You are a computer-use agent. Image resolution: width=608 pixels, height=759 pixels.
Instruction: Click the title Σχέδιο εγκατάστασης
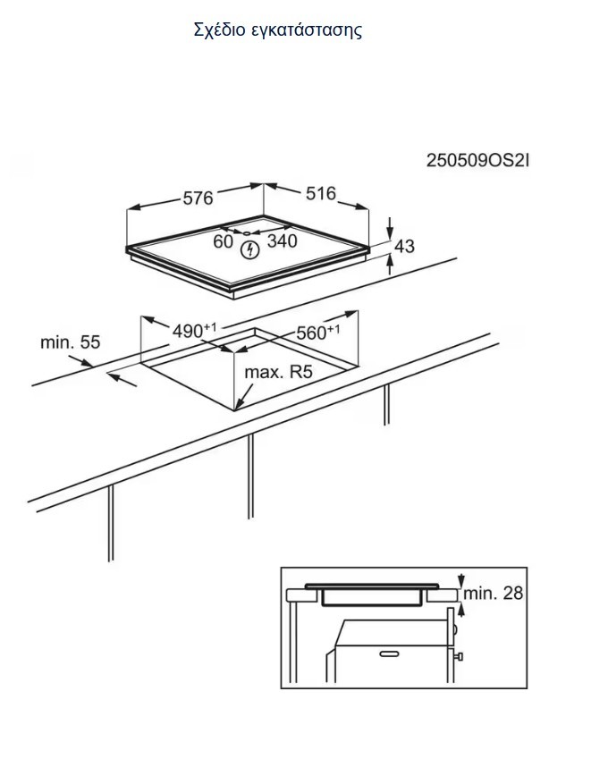click(x=277, y=30)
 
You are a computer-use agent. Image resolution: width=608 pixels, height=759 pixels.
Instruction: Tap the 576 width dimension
click(x=198, y=198)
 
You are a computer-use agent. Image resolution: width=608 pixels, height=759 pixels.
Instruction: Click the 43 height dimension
click(x=404, y=245)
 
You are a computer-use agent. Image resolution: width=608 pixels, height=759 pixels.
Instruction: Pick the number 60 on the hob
click(x=223, y=240)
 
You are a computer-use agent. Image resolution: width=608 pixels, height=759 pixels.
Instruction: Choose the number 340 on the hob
click(x=283, y=240)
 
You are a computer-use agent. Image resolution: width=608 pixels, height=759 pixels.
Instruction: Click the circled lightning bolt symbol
click(x=251, y=250)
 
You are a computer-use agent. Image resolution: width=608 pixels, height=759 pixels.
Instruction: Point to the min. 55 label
click(x=71, y=342)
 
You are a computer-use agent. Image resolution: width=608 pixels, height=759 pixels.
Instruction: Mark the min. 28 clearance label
click(x=493, y=593)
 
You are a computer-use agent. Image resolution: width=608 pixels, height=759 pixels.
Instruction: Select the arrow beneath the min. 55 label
click(x=122, y=379)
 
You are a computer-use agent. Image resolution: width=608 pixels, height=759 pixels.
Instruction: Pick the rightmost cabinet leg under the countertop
click(x=386, y=406)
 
